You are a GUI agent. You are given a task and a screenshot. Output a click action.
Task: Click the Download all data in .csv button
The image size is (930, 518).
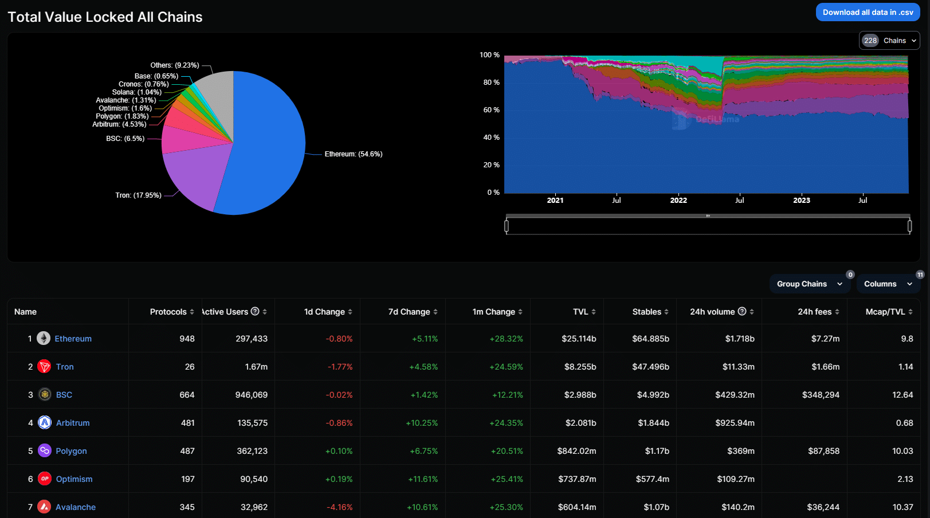(868, 12)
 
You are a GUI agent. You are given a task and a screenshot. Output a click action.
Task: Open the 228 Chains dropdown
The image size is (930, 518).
(889, 41)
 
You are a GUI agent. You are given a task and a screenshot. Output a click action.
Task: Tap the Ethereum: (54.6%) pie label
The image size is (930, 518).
(353, 154)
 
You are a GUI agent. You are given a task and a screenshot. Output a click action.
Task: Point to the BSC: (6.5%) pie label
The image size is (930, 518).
(125, 139)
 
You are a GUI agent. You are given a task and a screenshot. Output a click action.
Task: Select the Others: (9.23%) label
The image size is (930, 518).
(175, 65)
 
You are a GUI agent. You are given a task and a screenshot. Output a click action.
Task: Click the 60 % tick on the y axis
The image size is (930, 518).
(491, 110)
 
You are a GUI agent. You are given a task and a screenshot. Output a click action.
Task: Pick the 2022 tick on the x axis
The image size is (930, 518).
(678, 201)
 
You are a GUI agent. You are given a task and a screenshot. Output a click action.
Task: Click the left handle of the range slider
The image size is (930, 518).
(507, 226)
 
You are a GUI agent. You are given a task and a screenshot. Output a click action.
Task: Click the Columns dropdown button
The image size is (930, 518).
(888, 284)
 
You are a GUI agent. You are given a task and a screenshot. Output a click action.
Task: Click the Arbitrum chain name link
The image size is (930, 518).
(73, 423)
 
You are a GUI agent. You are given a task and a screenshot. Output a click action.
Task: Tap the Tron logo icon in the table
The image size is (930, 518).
(44, 367)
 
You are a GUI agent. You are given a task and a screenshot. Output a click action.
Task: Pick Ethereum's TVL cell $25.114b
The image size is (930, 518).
(579, 339)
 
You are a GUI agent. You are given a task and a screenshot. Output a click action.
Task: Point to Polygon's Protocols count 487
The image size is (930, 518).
(187, 451)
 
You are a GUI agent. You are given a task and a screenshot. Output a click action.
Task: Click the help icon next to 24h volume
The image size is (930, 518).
(742, 311)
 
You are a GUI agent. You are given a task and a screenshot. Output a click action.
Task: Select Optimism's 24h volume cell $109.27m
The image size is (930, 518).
(735, 479)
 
